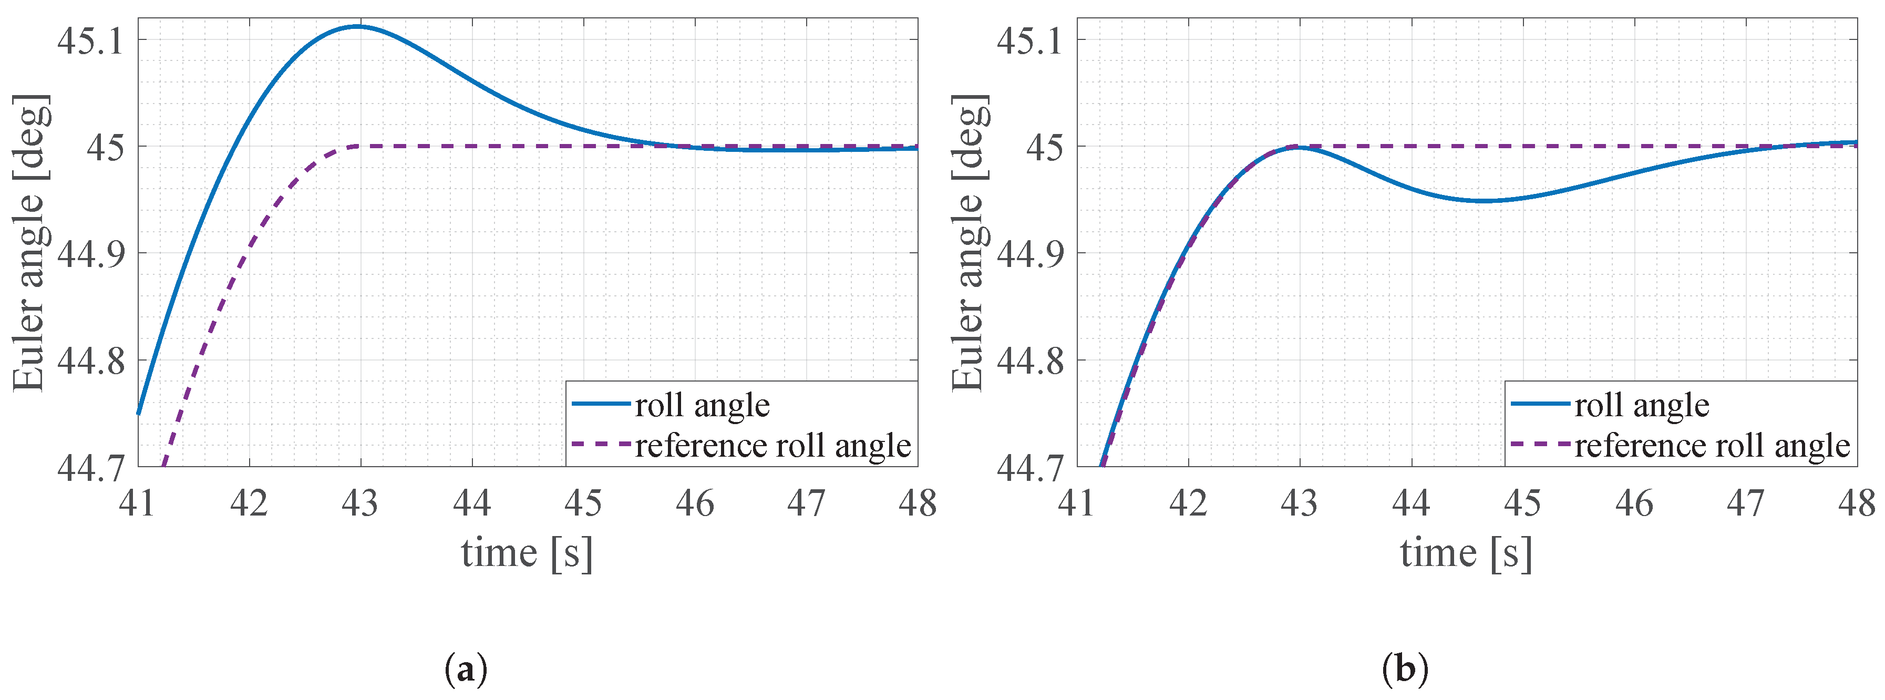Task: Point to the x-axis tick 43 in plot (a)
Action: pos(360,503)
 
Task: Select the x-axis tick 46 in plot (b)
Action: pos(1634,503)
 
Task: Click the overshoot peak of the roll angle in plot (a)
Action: pos(358,26)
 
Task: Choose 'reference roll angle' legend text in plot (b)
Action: pos(1712,446)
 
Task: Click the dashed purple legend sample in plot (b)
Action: pos(1540,445)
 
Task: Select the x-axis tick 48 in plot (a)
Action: pos(917,503)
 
